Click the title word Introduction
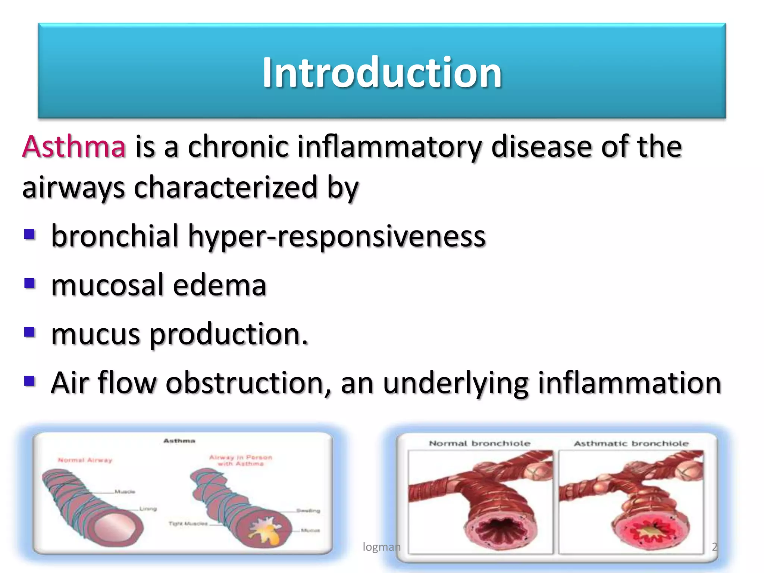[382, 72]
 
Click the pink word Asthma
[74, 147]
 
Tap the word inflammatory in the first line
[389, 147]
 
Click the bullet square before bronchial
[29, 235]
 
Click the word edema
[219, 285]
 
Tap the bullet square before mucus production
[29, 332]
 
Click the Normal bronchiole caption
[479, 444]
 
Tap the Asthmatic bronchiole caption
[631, 444]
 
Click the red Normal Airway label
[85, 460]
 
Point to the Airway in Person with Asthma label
[241, 460]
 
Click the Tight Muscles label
[188, 524]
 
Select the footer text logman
[381, 547]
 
